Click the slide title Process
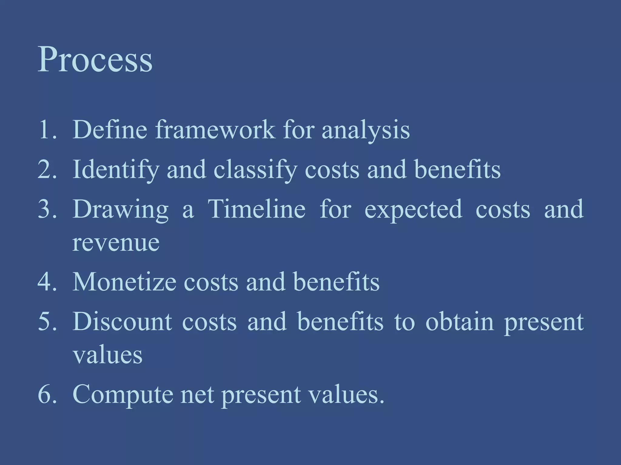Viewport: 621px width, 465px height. [95, 60]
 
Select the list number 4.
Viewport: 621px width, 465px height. [47, 282]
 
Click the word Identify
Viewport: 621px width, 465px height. [116, 170]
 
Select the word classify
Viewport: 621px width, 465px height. [255, 170]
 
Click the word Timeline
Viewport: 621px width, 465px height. [257, 209]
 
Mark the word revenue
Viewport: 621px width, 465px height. [116, 243]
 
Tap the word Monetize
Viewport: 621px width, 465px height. [124, 282]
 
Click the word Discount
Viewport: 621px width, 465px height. [123, 322]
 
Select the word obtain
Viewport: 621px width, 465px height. [460, 322]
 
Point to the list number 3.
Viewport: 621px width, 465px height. [47, 209]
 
